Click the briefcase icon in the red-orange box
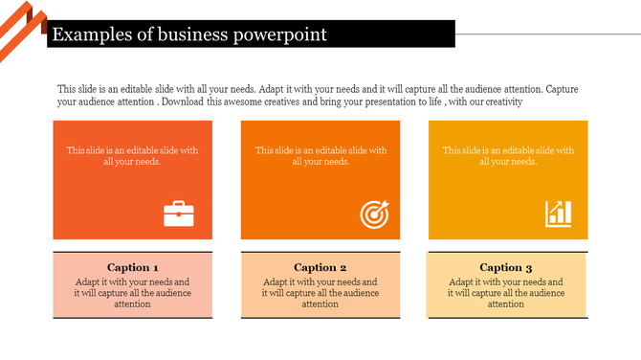click(x=179, y=214)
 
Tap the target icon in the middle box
click(x=374, y=214)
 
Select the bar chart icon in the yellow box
click(x=559, y=214)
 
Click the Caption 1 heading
click(x=132, y=267)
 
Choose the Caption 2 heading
click(x=320, y=267)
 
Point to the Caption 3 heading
click(x=505, y=267)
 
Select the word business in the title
click(x=189, y=35)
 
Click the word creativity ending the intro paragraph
click(x=500, y=101)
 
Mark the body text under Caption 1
click(x=132, y=293)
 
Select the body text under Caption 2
click(x=320, y=293)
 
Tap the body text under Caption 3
click(x=505, y=293)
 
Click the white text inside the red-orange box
click(x=132, y=155)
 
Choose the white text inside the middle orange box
click(x=320, y=155)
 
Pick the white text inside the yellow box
click(x=508, y=155)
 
